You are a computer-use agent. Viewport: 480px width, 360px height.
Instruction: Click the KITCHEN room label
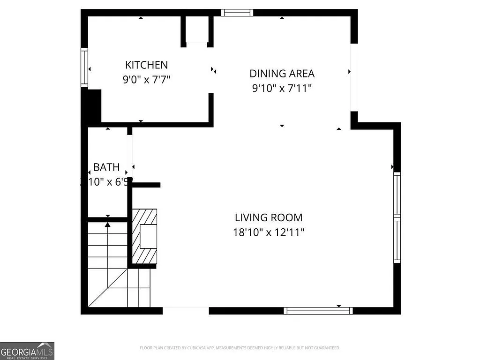(146, 65)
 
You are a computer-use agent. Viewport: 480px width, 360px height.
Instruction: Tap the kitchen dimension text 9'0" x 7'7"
(146, 79)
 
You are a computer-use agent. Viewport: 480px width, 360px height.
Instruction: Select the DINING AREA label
(282, 74)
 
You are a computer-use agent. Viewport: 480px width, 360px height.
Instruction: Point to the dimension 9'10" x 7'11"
(282, 88)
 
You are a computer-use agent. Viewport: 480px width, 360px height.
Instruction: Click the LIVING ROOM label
(269, 217)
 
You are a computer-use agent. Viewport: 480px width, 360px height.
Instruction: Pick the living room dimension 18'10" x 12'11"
(269, 232)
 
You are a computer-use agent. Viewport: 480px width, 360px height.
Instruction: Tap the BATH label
(106, 167)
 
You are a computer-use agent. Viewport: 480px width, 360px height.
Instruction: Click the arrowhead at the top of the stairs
(108, 225)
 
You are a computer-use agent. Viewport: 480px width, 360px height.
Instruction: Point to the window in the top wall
(237, 13)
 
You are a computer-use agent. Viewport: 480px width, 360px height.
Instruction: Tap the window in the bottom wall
(318, 310)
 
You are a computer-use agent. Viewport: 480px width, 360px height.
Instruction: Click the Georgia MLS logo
(27, 351)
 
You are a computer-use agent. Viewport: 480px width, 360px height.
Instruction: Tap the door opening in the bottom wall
(186, 310)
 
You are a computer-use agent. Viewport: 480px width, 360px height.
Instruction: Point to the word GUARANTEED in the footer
(328, 348)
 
